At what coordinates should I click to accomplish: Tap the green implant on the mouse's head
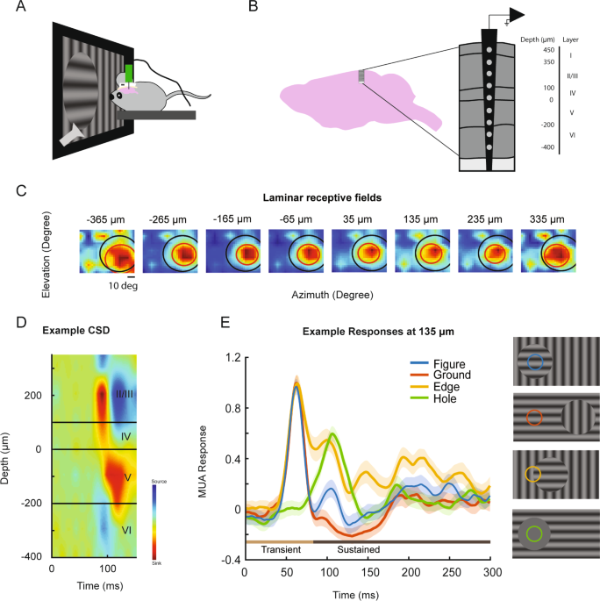coord(129,73)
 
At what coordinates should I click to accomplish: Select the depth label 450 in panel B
coord(549,51)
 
